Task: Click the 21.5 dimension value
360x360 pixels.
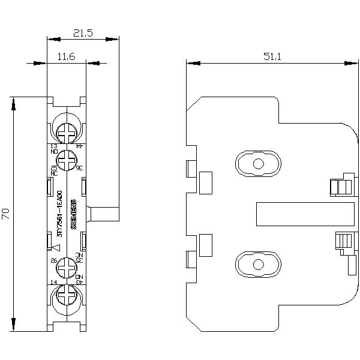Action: [82, 35]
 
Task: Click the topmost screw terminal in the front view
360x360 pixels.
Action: [67, 128]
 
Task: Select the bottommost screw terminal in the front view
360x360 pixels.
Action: [67, 296]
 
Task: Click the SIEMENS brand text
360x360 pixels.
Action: [74, 213]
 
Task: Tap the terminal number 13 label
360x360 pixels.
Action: [53, 146]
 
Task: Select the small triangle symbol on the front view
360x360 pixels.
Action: [57, 247]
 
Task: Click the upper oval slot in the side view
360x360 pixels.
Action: [257, 164]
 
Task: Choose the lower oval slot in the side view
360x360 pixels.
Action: [257, 263]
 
